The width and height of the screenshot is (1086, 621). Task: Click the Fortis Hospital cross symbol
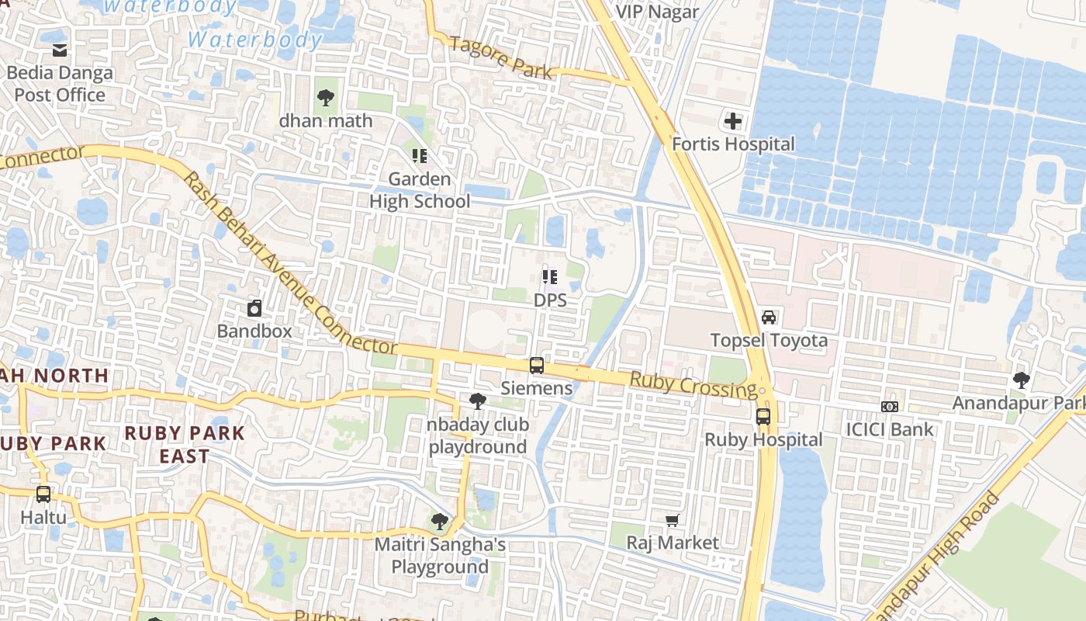732,121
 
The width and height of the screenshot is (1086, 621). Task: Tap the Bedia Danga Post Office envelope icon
60,50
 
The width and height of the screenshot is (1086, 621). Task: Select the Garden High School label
419,190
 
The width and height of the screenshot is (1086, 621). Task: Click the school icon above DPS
550,277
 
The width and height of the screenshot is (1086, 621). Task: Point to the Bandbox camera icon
254,309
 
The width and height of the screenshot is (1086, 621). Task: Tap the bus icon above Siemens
536,366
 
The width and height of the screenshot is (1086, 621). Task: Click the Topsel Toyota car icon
768,317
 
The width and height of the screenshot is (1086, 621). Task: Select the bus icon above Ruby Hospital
763,417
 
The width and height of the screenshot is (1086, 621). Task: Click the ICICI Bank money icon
890,407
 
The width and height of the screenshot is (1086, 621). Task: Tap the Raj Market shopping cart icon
673,520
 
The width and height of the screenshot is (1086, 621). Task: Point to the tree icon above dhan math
326,98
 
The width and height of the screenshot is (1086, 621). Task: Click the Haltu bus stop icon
43,494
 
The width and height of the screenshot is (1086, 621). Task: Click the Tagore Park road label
501,58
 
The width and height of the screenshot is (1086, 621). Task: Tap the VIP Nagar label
656,12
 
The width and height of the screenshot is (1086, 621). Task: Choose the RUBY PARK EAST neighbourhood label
185,444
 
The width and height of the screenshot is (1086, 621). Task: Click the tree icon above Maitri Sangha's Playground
440,522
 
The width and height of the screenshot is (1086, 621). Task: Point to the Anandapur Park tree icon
1022,380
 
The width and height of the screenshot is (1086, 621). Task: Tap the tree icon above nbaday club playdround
478,401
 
